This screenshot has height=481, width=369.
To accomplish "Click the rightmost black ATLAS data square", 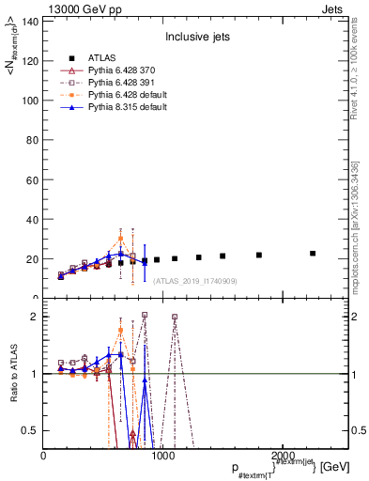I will point(313,253).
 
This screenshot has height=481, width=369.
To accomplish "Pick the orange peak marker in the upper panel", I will point(120,238).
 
